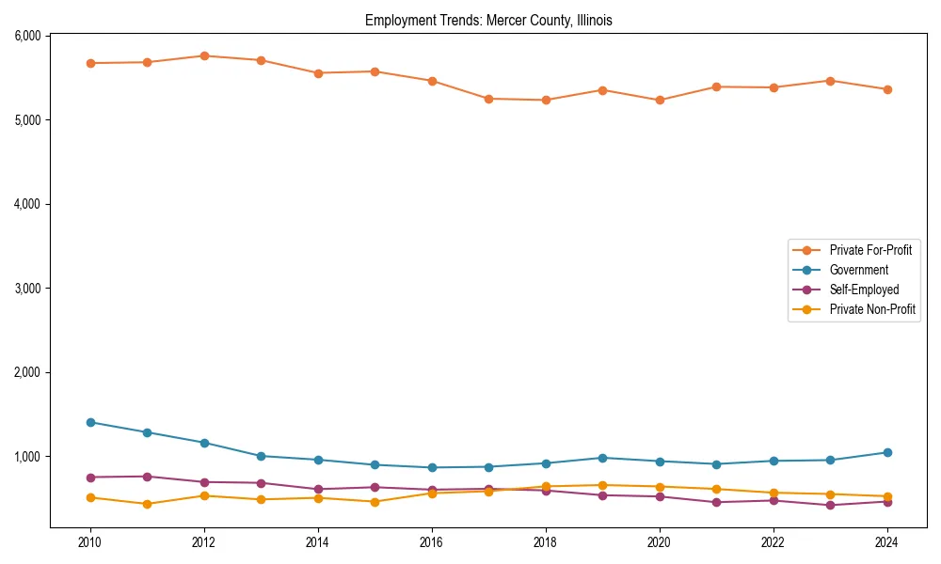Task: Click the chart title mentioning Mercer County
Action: (x=488, y=21)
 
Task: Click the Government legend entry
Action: (x=858, y=270)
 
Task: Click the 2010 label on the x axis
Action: (x=90, y=542)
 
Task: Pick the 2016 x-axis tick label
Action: (x=432, y=542)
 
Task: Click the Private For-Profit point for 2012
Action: (x=204, y=55)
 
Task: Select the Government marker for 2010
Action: (x=90, y=422)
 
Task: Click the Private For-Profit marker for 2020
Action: (x=660, y=100)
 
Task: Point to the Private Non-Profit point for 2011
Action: (x=148, y=504)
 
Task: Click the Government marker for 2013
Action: (x=261, y=456)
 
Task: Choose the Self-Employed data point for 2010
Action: (x=90, y=478)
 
